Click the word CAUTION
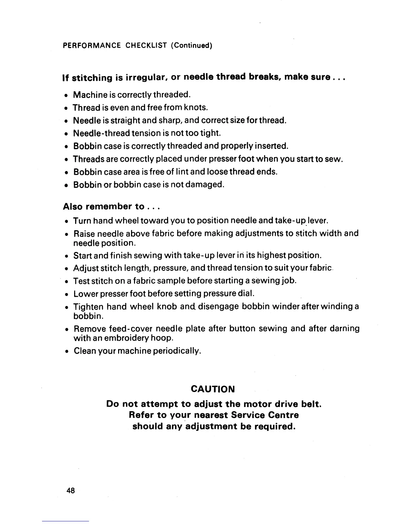point(213,389)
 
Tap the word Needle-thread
point(101,133)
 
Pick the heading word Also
point(73,207)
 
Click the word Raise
point(84,234)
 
